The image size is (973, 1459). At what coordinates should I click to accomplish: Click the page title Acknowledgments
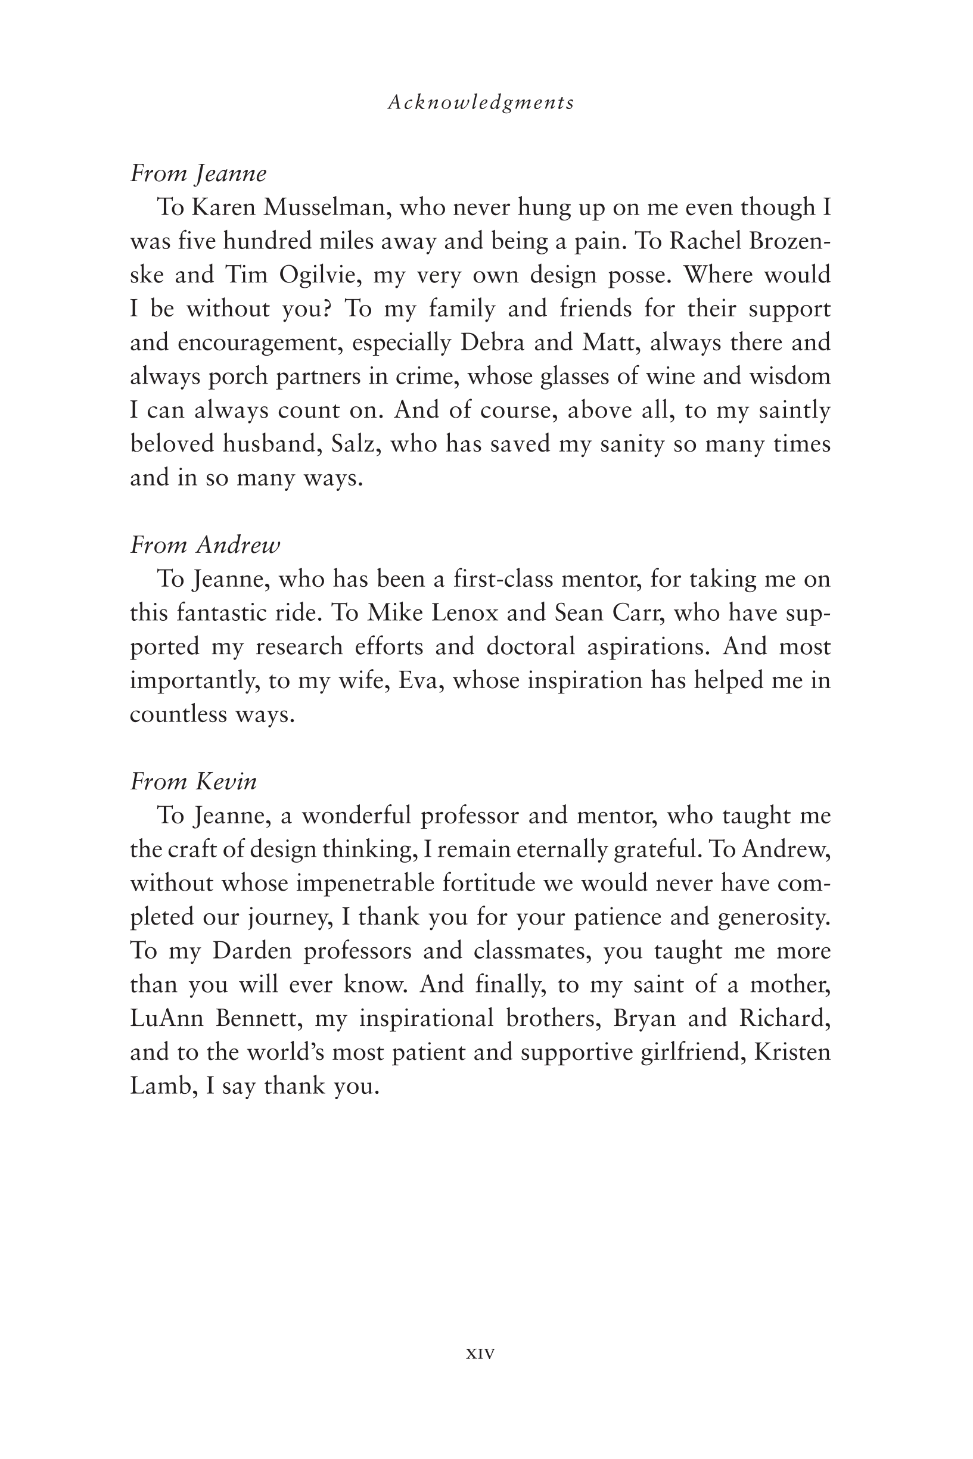click(481, 102)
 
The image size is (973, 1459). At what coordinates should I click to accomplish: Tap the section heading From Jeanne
click(198, 174)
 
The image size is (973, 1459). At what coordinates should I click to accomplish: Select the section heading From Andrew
click(206, 545)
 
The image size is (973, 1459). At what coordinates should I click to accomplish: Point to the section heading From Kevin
click(194, 781)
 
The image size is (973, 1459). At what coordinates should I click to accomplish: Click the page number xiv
click(480, 1353)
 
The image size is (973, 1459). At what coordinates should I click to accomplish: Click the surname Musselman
click(327, 208)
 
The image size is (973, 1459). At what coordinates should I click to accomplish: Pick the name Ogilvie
click(319, 275)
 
